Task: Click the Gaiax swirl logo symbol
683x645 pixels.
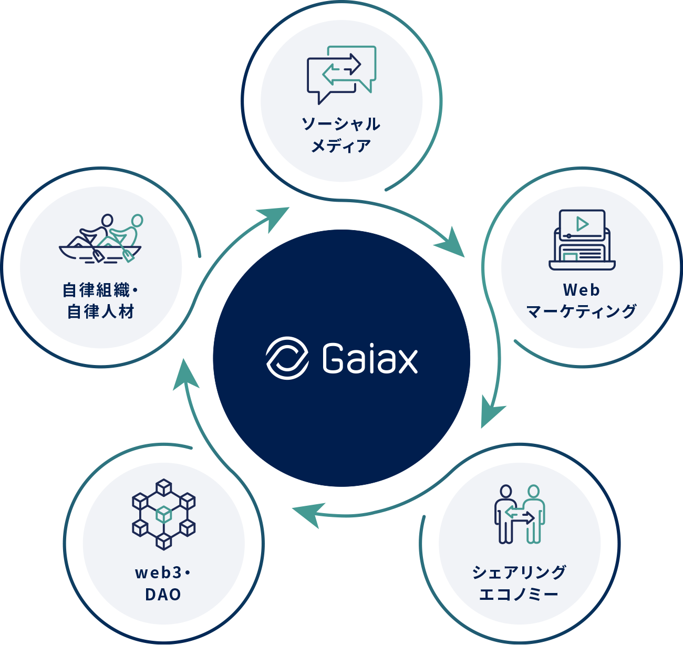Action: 287,358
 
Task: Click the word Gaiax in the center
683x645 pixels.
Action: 370,359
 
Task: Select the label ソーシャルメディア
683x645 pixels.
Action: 341,134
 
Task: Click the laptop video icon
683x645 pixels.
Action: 582,240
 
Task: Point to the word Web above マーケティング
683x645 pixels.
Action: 581,290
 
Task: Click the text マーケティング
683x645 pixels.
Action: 582,311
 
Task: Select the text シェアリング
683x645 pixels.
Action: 519,572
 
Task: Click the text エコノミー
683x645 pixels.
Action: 519,595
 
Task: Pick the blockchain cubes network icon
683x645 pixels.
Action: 163,514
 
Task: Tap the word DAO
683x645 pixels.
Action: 163,595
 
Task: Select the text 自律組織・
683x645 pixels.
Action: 100,290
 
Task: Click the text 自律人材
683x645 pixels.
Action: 101,312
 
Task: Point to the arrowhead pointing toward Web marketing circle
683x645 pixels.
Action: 452,244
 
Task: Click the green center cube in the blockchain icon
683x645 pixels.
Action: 164,513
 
